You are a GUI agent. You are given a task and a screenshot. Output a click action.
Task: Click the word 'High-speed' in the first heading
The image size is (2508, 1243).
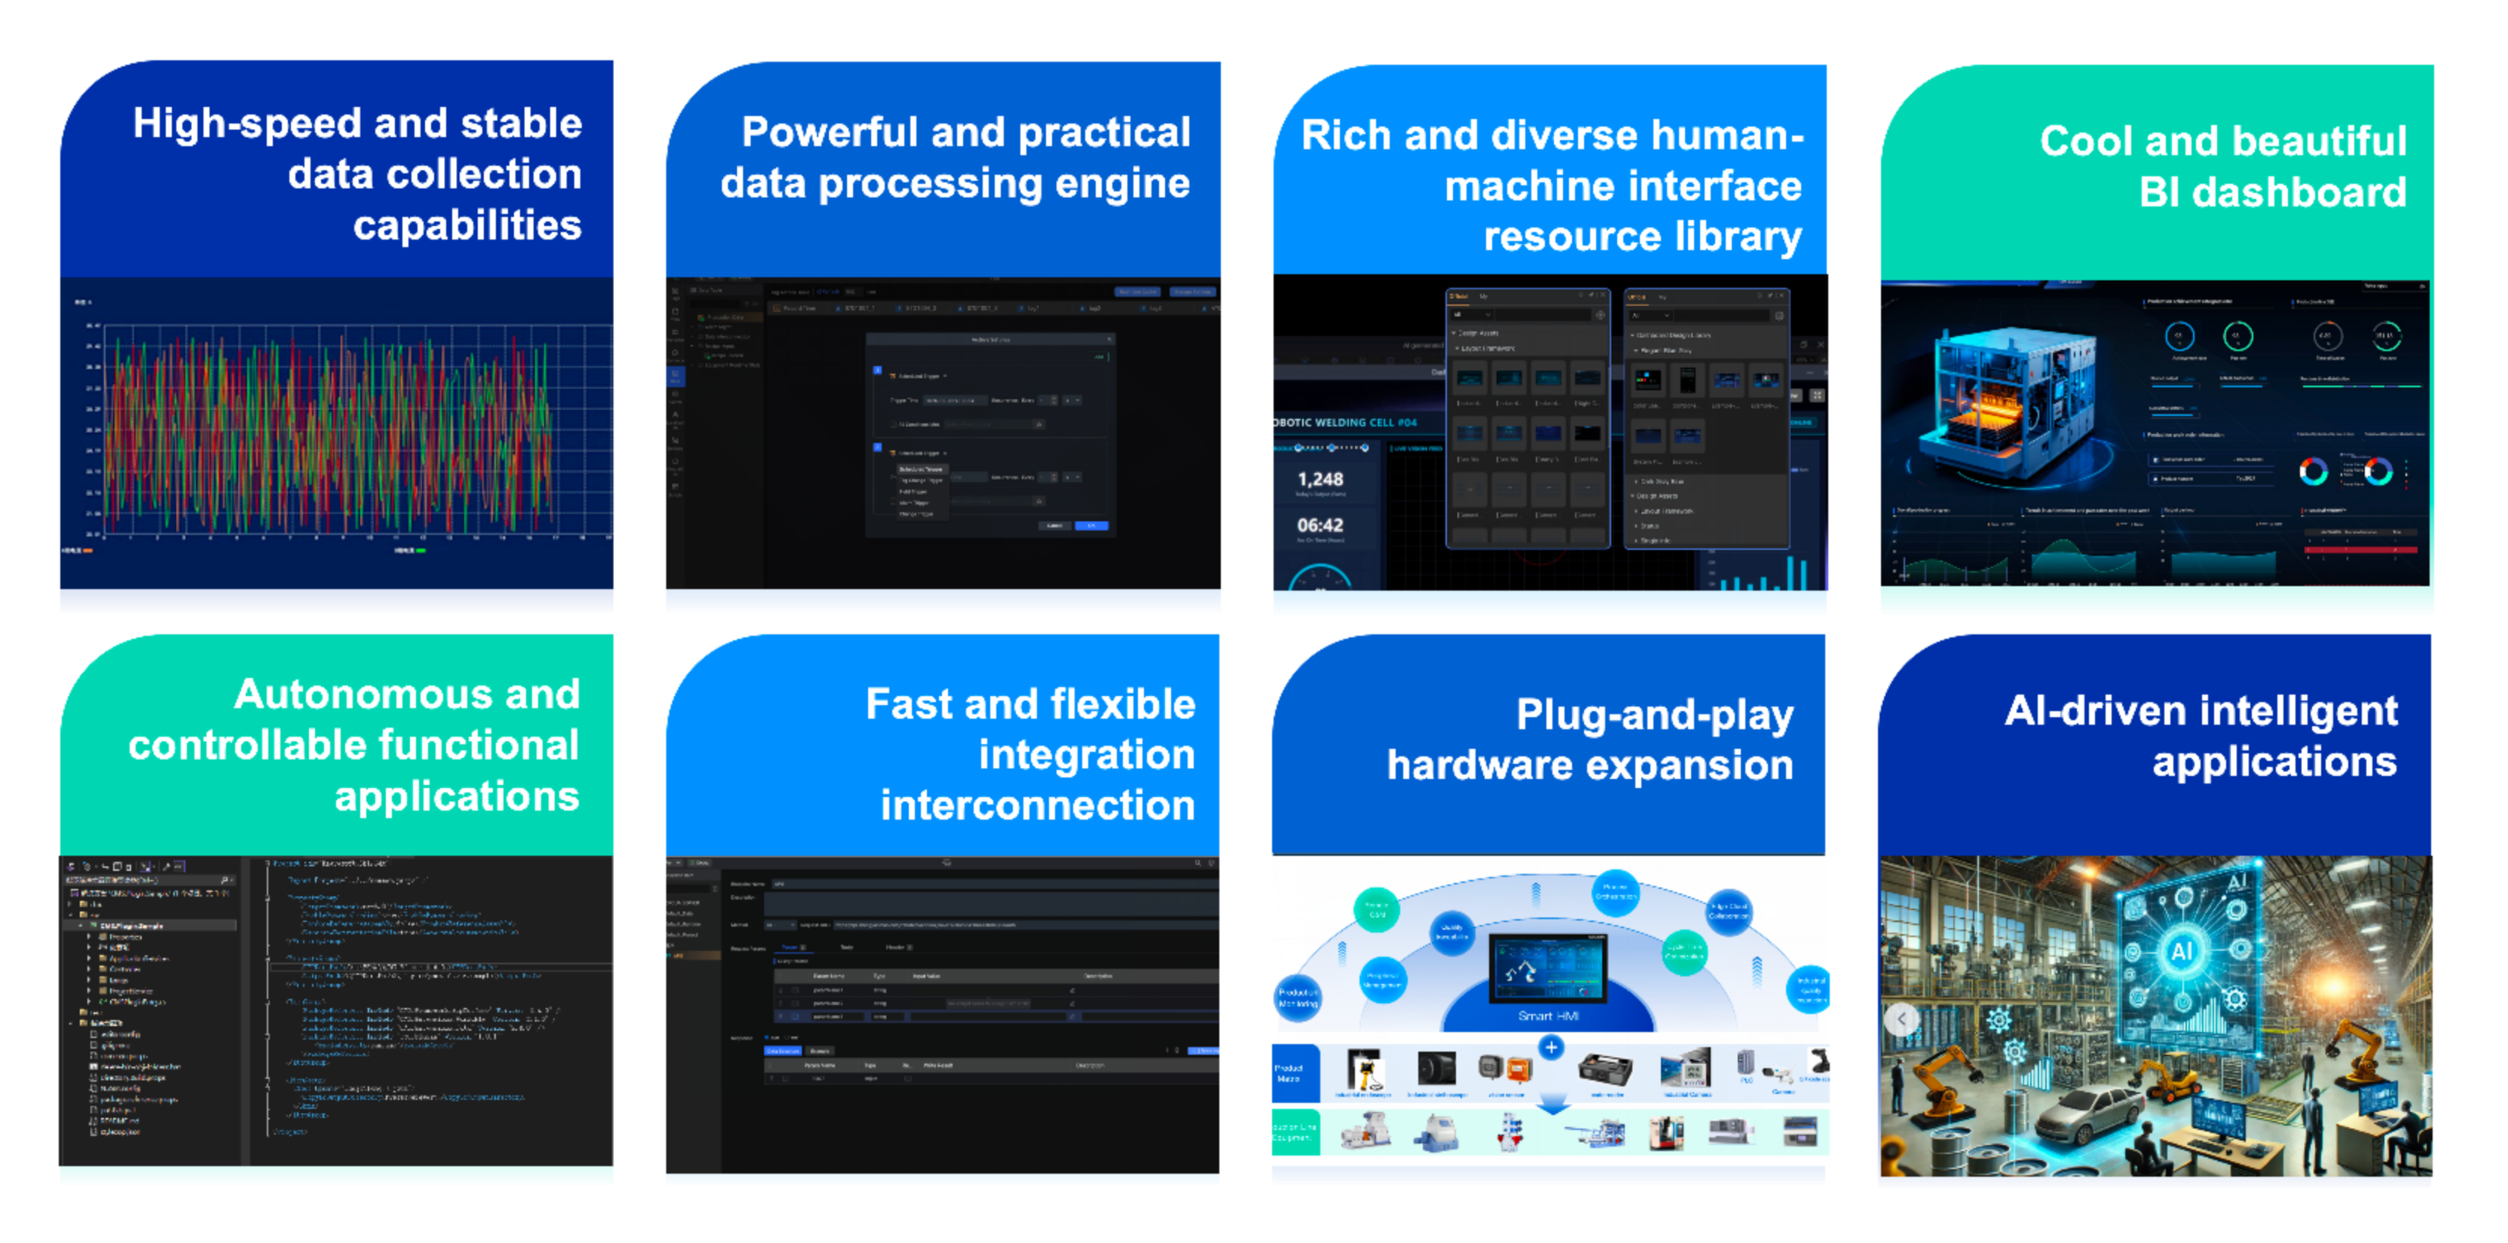click(246, 124)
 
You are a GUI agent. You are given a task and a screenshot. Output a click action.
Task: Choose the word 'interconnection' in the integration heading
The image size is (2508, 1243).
click(1037, 806)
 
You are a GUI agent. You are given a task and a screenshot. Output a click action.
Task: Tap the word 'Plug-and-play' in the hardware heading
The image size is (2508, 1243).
click(1654, 716)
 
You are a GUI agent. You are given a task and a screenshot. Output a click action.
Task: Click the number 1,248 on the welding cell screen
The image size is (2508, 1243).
click(1320, 479)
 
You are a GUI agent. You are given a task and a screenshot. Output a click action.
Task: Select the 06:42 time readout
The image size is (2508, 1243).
click(1320, 526)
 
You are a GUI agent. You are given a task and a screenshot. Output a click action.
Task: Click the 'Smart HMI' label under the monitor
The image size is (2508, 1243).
click(1548, 1016)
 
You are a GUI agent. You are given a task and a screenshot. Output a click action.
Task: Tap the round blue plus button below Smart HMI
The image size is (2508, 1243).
click(1552, 1047)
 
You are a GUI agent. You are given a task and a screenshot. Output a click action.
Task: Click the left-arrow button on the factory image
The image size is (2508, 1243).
click(1901, 1019)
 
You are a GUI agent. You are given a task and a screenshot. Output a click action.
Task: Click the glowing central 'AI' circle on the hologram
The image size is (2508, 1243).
click(2181, 951)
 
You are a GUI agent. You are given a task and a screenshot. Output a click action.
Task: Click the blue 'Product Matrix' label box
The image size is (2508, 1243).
click(1290, 1073)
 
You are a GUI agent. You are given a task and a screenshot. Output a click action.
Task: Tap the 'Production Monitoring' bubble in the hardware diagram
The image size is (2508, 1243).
click(1298, 997)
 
